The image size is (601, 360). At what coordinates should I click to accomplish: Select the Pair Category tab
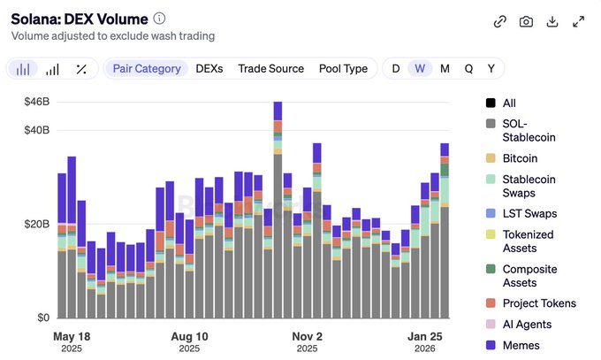tap(147, 68)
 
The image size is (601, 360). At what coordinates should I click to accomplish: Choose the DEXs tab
tap(209, 68)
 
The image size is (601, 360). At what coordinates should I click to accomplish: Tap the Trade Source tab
tap(270, 68)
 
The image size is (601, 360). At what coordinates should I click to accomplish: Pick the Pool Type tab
tap(343, 68)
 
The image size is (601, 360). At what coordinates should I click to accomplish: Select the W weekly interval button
tap(420, 68)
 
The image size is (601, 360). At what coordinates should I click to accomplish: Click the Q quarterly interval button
tap(468, 68)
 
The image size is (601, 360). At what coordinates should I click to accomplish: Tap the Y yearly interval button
tap(491, 68)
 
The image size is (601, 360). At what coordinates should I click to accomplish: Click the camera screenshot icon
tap(526, 21)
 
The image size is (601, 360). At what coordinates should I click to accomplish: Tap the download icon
tap(552, 21)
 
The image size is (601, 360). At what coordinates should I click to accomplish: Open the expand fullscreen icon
tap(579, 21)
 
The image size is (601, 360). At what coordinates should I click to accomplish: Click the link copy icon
tap(499, 21)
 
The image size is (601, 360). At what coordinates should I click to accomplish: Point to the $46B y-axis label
tap(36, 103)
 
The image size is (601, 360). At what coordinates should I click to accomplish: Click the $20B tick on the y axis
tap(36, 224)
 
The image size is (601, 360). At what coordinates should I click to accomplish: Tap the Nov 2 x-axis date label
tap(307, 337)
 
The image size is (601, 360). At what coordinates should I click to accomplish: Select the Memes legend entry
tap(521, 345)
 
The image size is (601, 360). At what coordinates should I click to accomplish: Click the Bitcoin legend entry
tap(520, 158)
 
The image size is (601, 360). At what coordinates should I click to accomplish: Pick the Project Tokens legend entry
tap(539, 303)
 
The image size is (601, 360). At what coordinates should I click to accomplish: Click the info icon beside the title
tap(159, 19)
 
